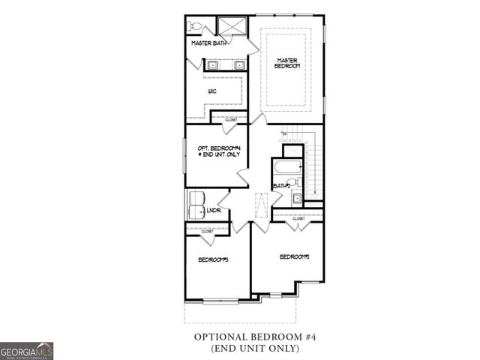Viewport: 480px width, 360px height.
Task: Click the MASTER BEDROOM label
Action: (x=288, y=63)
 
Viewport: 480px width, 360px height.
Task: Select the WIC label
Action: (x=213, y=91)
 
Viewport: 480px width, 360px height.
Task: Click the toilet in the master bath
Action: (x=196, y=27)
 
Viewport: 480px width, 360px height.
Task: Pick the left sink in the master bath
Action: (x=213, y=65)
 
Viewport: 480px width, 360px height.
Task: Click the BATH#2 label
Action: (x=281, y=185)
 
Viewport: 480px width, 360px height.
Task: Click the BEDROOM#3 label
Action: (x=213, y=259)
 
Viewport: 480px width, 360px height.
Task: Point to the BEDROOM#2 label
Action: (x=294, y=256)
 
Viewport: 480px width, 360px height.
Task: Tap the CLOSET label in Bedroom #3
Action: (x=206, y=232)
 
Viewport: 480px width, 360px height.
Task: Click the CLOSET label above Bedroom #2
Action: (x=309, y=218)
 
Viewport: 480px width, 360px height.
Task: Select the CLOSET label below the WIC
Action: (x=231, y=120)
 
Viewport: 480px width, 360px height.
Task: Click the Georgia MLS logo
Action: (x=27, y=351)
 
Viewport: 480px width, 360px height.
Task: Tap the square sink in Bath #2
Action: (x=296, y=198)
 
